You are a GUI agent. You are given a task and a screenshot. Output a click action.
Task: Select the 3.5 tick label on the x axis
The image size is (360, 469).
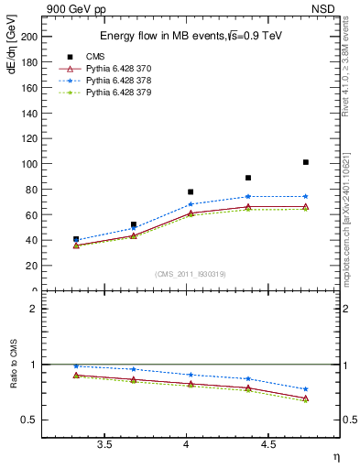click(x=104, y=444)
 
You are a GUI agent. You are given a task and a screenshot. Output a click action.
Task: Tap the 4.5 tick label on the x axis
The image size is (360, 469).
click(x=268, y=444)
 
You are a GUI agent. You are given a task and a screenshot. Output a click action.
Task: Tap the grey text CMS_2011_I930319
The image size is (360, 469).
click(x=191, y=274)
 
